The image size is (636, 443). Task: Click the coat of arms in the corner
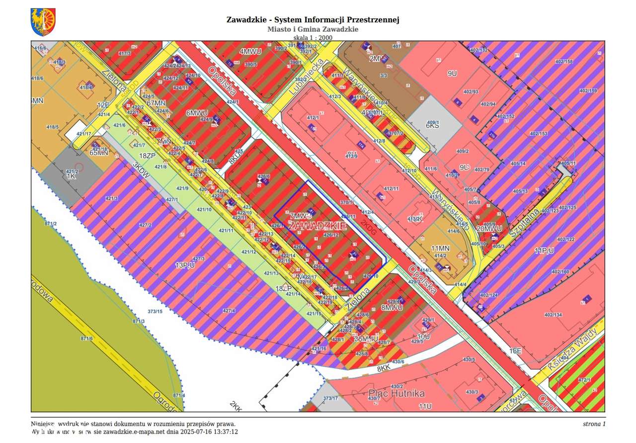(43, 22)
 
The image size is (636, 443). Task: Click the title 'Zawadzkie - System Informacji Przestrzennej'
(313, 20)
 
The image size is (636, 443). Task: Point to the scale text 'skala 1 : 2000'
(313, 37)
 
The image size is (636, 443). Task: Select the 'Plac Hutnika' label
(397, 394)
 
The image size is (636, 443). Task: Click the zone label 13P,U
(184, 265)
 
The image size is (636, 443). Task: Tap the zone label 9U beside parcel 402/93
(452, 74)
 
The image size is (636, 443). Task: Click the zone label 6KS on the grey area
(432, 126)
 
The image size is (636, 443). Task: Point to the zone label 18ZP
(148, 156)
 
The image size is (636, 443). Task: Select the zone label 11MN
(440, 248)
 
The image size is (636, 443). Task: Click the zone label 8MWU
(392, 307)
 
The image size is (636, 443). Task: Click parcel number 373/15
(155, 311)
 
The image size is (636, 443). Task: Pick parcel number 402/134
(553, 315)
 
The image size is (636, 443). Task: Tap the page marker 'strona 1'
(594, 424)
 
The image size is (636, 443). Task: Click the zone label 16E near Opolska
(515, 351)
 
